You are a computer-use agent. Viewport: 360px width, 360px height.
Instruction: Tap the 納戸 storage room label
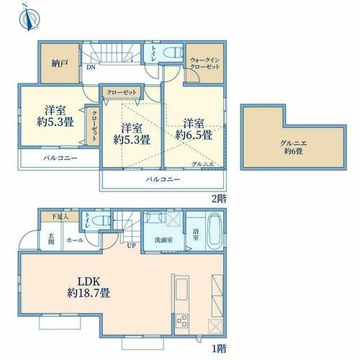(x=59, y=63)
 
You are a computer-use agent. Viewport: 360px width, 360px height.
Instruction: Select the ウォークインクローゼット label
(x=204, y=63)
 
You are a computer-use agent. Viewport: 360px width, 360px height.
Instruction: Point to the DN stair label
(x=91, y=68)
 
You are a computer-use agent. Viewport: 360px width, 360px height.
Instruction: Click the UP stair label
(x=132, y=246)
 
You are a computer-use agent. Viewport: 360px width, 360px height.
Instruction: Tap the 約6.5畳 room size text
(x=194, y=135)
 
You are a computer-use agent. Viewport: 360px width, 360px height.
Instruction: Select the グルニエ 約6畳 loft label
(x=294, y=148)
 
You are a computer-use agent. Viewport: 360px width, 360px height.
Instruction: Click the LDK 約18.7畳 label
(x=89, y=287)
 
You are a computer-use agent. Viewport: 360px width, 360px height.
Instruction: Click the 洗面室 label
(x=163, y=240)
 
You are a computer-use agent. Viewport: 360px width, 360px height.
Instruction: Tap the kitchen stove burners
(x=181, y=321)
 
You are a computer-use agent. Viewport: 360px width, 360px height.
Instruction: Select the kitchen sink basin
(x=181, y=289)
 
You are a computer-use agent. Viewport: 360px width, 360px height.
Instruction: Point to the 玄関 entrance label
(x=51, y=238)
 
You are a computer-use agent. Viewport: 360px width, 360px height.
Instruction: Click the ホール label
(x=75, y=240)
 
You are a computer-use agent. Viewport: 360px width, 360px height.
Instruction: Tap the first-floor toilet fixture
(x=102, y=220)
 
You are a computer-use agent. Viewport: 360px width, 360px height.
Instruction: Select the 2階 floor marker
(x=219, y=199)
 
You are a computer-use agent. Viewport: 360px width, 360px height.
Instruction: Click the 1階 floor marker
(x=219, y=348)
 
